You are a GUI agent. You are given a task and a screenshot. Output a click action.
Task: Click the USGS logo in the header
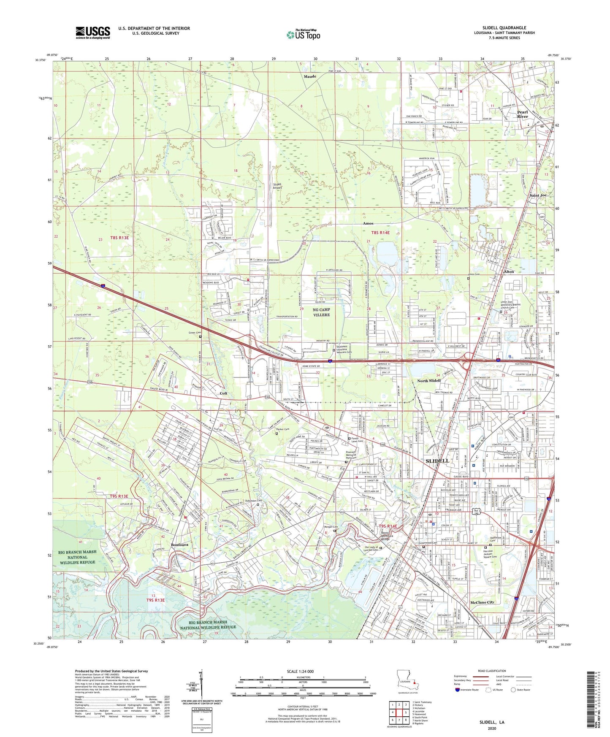click(x=92, y=32)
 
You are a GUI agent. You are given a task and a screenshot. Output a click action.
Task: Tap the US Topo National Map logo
click(x=303, y=34)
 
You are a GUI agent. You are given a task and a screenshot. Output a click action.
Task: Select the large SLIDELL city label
click(x=437, y=461)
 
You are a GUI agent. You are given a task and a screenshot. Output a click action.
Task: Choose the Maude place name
click(x=310, y=76)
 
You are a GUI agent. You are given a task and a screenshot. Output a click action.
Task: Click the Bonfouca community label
click(x=179, y=545)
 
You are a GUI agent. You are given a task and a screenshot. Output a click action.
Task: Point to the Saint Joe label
click(x=538, y=195)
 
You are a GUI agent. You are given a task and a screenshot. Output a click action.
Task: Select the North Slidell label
click(x=429, y=380)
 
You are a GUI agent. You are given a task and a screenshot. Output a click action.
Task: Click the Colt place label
click(x=223, y=393)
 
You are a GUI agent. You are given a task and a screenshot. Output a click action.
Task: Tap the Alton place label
click(x=509, y=271)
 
